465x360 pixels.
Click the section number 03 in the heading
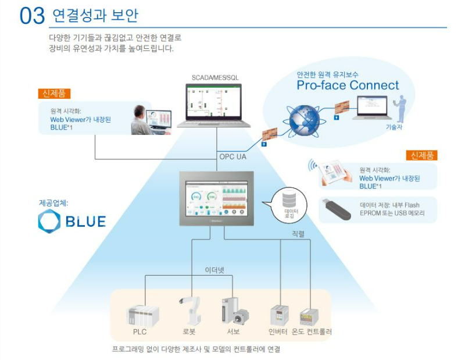32,16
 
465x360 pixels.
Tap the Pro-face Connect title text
348,85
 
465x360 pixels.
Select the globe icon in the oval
304,118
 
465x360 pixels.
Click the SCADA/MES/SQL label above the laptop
215,77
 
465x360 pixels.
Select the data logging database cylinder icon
289,201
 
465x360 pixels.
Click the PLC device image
142,315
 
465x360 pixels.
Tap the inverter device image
279,315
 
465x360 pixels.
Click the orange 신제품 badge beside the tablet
421,155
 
